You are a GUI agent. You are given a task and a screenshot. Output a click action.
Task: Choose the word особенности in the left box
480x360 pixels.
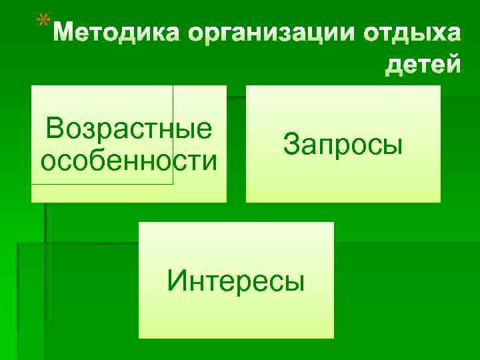[129, 161]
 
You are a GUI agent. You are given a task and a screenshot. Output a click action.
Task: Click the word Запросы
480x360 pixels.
[343, 143]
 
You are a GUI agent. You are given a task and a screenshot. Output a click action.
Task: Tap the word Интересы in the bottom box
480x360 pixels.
[236, 280]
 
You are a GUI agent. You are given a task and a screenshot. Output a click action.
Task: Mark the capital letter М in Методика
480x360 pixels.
[65, 33]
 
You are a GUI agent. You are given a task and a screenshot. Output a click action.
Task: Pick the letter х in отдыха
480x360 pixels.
[433, 33]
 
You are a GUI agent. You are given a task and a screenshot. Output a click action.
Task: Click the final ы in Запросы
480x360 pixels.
[393, 144]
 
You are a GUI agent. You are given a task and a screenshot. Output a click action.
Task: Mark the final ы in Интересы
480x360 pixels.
[294, 281]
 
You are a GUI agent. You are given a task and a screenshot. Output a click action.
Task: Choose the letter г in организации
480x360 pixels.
[221, 33]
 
